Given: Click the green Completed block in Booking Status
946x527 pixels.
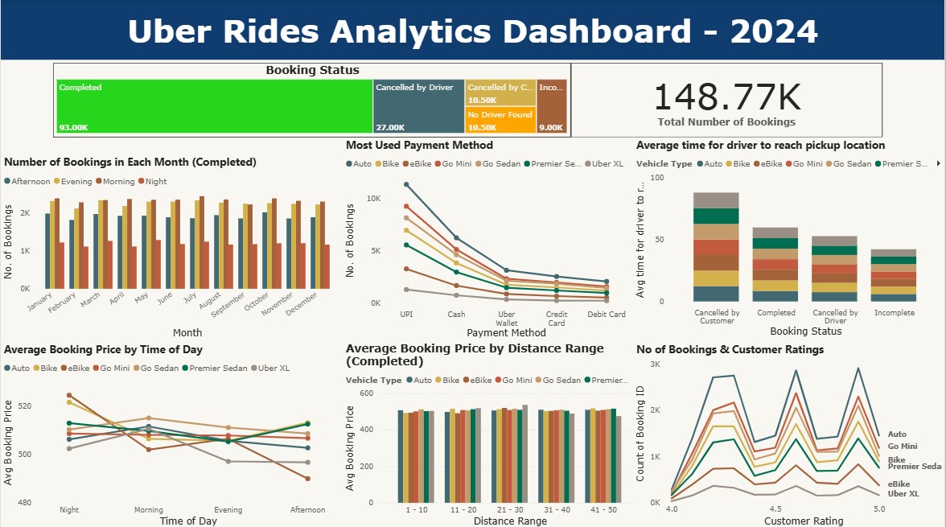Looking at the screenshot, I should coord(214,105).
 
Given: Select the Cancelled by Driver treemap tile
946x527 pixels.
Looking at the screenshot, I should coord(418,105).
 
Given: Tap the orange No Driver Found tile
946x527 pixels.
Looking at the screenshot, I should coord(500,120).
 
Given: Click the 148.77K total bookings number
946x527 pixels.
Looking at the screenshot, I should coord(726,98).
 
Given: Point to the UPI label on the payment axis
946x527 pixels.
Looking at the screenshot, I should coord(406,315).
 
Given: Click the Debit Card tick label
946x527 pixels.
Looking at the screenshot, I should coord(607,315).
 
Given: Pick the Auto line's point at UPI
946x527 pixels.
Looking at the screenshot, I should coord(406,184).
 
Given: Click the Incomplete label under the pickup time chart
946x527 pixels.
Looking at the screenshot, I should coord(894,313).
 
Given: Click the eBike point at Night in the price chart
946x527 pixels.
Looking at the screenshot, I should coord(69,395).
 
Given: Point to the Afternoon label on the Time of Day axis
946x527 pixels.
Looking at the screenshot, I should coord(307,510).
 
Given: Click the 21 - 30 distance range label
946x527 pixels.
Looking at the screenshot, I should coord(509,510).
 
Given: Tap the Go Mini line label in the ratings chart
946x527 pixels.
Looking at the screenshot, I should coord(903,447).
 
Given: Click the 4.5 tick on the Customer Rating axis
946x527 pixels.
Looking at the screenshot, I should coord(775,509).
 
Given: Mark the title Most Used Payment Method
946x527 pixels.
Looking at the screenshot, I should coord(419,146).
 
